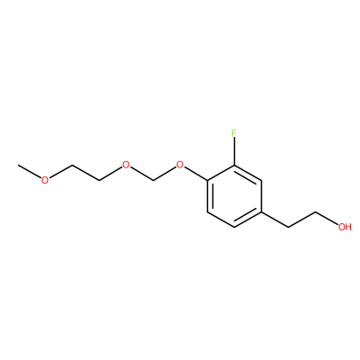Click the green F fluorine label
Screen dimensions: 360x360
(x=234, y=133)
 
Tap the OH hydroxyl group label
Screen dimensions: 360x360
(x=345, y=227)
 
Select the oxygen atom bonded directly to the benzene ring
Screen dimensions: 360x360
(x=180, y=165)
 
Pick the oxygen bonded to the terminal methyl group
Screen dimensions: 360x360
(x=45, y=180)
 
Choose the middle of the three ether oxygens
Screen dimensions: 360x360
(x=126, y=165)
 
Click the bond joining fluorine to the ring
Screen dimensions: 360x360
(x=234, y=151)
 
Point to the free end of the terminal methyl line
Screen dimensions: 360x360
(x=18, y=165)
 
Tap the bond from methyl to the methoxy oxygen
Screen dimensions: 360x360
(x=30, y=171)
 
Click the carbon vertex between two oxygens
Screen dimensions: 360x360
(x=153, y=181)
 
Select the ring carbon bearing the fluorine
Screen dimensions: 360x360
(x=234, y=165)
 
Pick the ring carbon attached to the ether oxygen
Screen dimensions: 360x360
(x=207, y=181)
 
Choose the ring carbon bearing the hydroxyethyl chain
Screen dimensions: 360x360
(x=261, y=211)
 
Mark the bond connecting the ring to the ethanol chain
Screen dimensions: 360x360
(x=274, y=220)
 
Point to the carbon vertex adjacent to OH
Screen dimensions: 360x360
(x=316, y=212)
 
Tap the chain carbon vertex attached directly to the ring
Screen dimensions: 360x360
(x=288, y=227)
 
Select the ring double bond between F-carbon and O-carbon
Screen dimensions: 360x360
(x=220, y=173)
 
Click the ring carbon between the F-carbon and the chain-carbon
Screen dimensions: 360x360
(x=261, y=181)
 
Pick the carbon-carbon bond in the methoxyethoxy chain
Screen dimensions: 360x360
(x=85, y=173)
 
